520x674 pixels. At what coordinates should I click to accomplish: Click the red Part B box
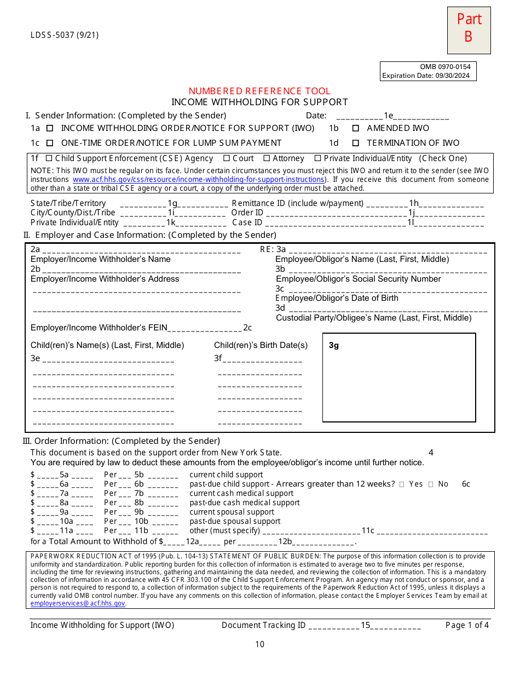[x=469, y=30]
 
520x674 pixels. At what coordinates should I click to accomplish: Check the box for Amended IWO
[x=356, y=128]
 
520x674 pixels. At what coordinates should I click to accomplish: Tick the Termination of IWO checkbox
[x=356, y=143]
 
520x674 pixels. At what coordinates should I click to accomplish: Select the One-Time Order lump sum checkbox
[x=50, y=143]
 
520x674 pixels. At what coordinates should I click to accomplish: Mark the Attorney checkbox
[x=267, y=158]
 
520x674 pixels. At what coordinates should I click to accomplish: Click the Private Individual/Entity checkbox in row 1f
[x=317, y=158]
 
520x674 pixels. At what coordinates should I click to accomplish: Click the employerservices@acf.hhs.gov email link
[x=78, y=603]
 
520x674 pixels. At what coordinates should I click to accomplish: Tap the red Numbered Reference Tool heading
[x=259, y=91]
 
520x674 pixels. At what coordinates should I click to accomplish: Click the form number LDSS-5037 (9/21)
[x=65, y=36]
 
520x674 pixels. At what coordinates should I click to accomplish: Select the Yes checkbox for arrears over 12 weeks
[x=402, y=484]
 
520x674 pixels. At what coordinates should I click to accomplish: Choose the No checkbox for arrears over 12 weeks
[x=431, y=484]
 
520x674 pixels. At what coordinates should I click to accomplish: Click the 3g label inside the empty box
[x=334, y=346]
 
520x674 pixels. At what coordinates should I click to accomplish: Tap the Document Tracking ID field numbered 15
[x=365, y=625]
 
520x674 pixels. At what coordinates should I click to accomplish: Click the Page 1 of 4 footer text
[x=467, y=625]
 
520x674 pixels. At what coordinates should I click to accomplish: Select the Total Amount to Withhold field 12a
[x=192, y=542]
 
